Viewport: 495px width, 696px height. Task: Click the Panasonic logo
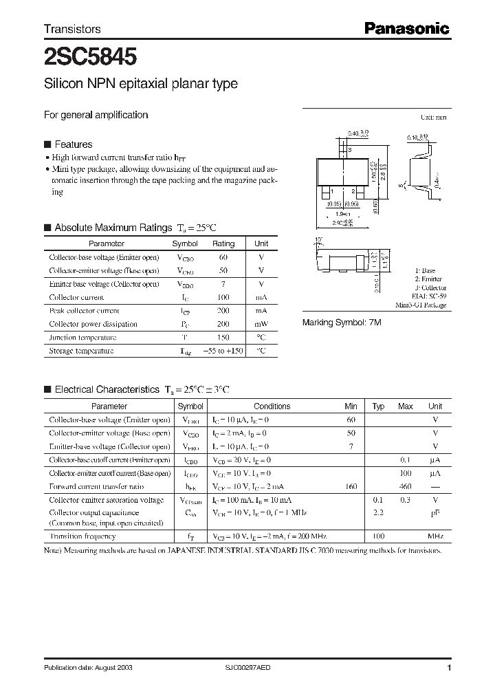(406, 29)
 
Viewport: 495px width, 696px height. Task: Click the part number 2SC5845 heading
(89, 54)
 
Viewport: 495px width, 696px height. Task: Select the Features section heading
(73, 144)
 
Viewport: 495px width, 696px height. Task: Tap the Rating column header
(223, 243)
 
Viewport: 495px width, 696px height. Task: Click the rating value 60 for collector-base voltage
(223, 257)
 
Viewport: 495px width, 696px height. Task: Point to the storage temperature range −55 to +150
(223, 351)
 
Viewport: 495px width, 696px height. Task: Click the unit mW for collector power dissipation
(261, 324)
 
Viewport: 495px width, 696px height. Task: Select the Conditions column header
(272, 406)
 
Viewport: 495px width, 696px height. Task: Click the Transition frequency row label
(82, 536)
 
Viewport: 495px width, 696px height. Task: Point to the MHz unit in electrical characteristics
(434, 536)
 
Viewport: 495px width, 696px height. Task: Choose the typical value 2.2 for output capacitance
(378, 512)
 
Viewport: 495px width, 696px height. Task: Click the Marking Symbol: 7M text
(342, 322)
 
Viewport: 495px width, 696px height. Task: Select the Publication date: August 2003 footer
(88, 668)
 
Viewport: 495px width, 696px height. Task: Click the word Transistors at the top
(72, 29)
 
